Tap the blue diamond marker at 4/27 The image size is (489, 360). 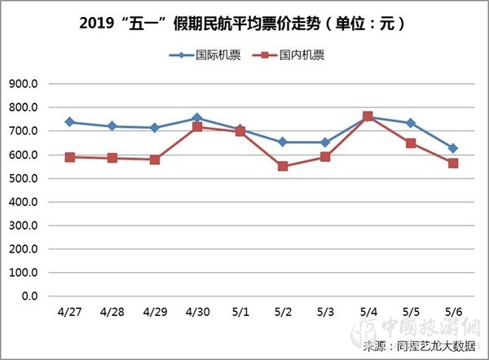click(x=70, y=122)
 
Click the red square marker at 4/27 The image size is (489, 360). click(x=70, y=157)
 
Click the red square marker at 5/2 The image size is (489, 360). click(x=283, y=166)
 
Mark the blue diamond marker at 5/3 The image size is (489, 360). click(x=325, y=143)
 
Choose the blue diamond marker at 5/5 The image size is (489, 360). click(x=411, y=123)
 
